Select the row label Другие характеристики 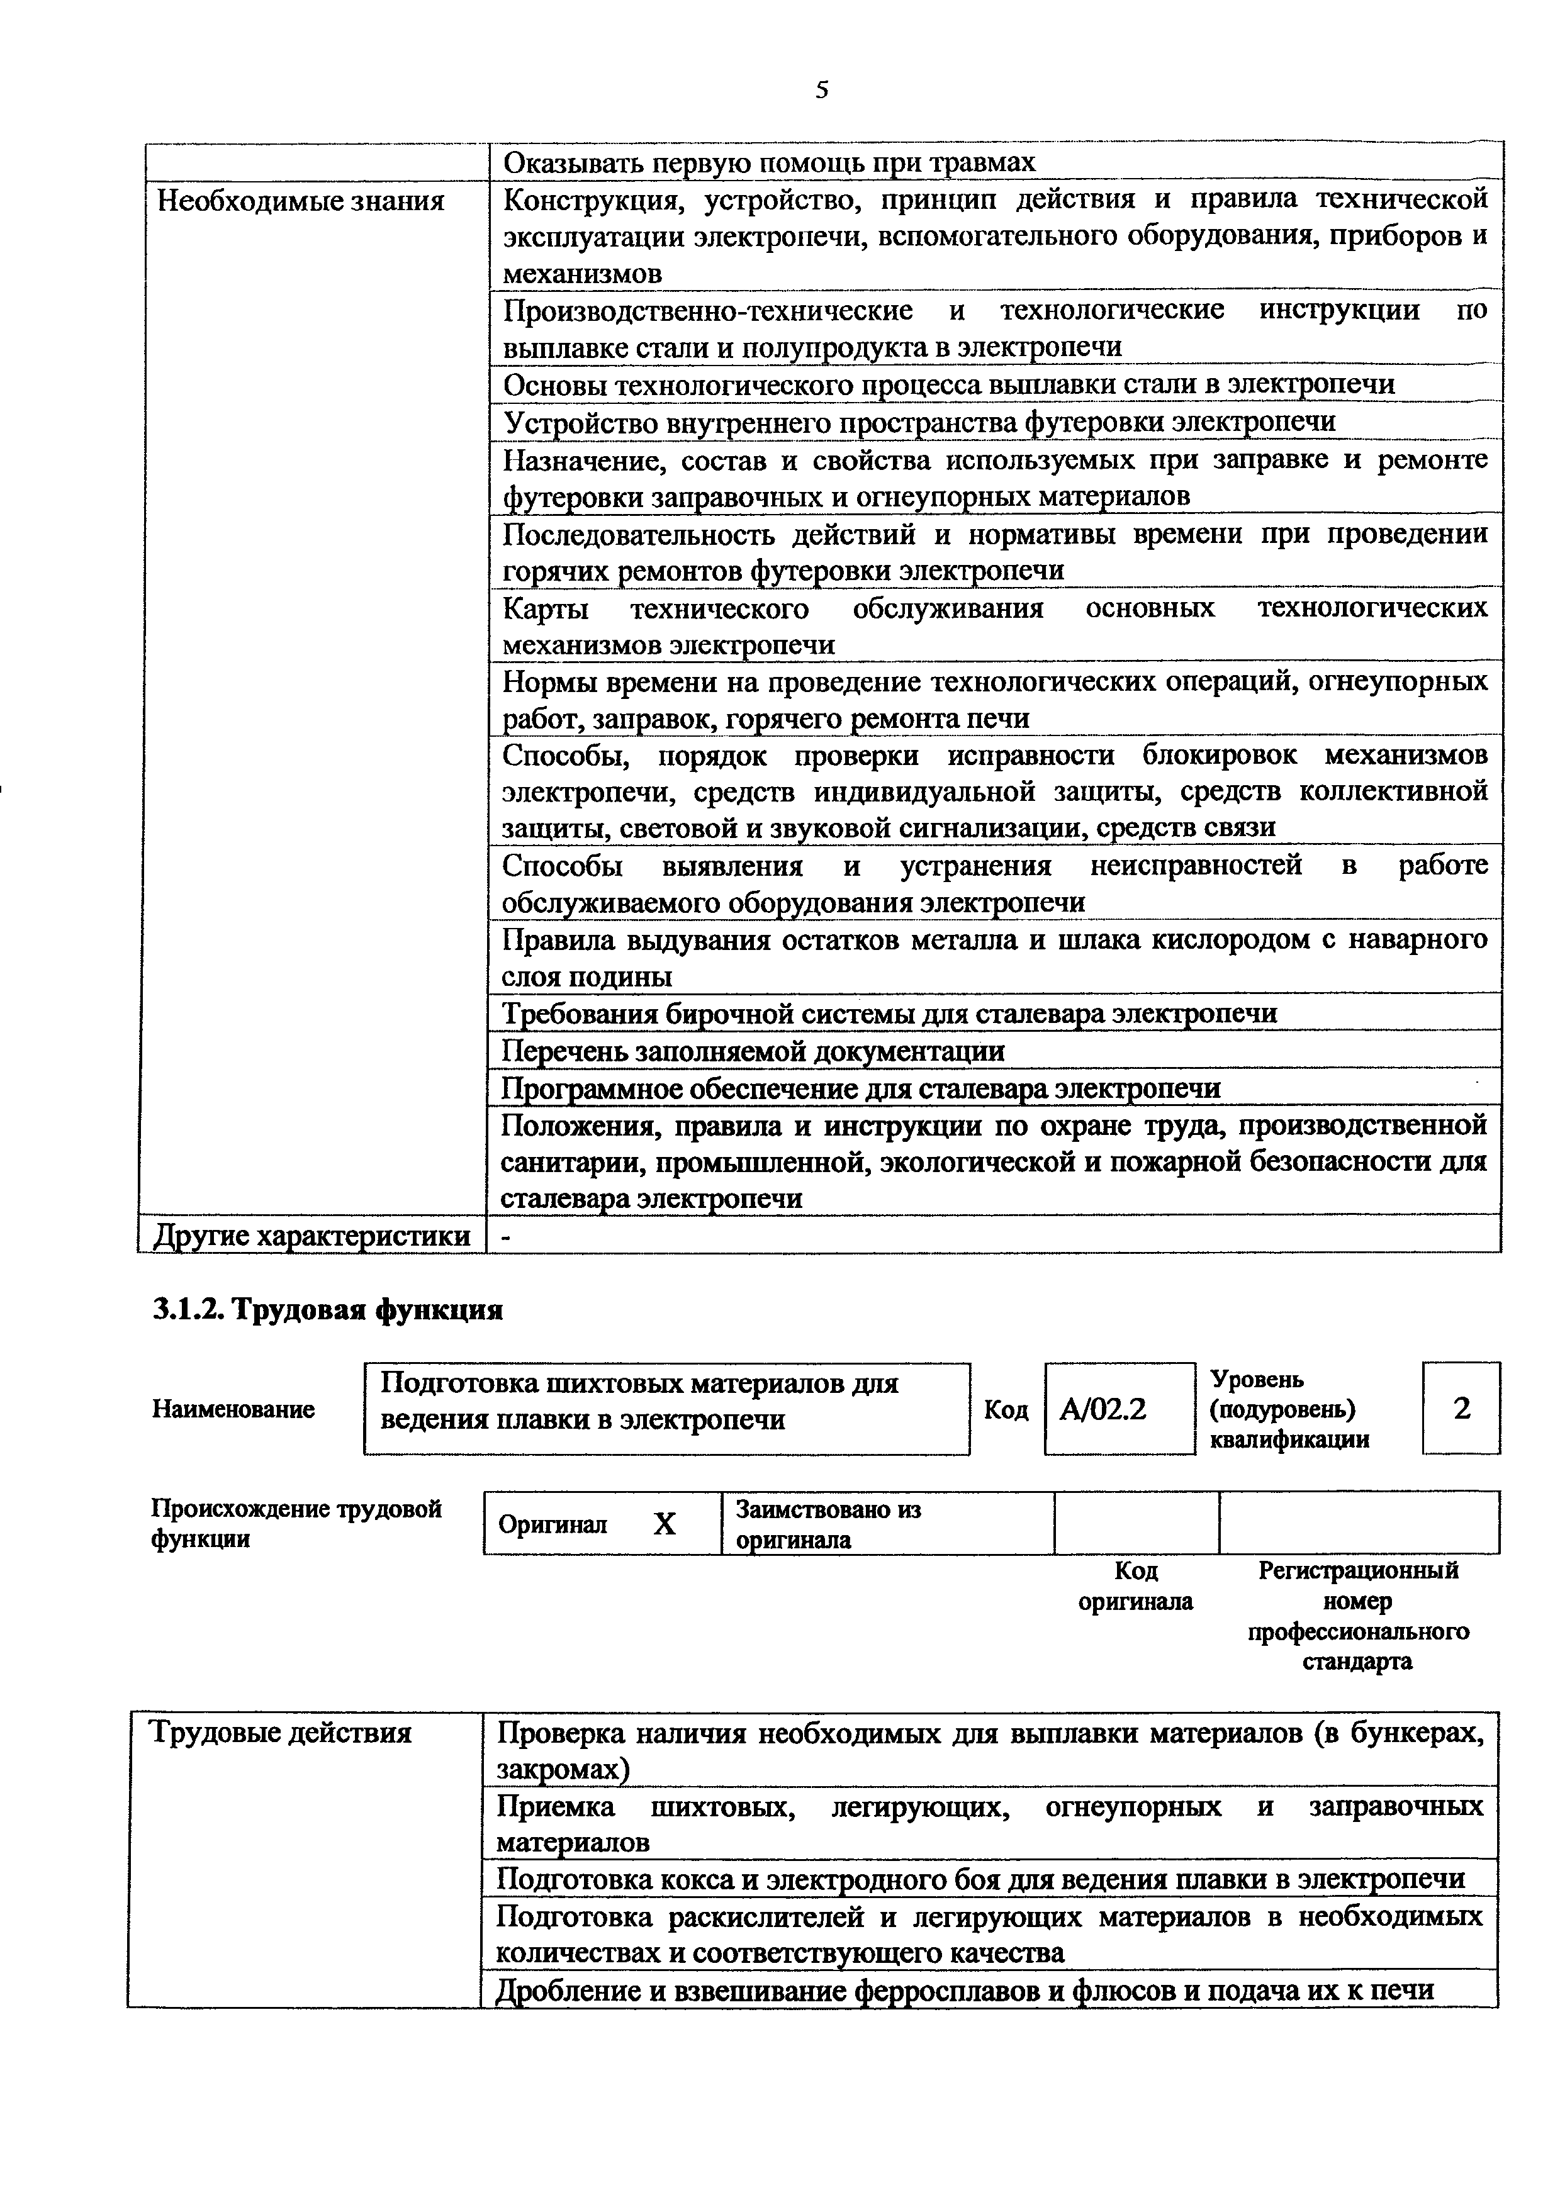tap(312, 1236)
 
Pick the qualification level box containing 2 tap(1461, 1409)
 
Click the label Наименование tap(233, 1409)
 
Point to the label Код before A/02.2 tap(1006, 1410)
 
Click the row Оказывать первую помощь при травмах tap(769, 162)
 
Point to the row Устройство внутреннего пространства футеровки tap(919, 423)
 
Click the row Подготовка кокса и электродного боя tap(980, 1878)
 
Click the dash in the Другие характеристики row tap(507, 1237)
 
